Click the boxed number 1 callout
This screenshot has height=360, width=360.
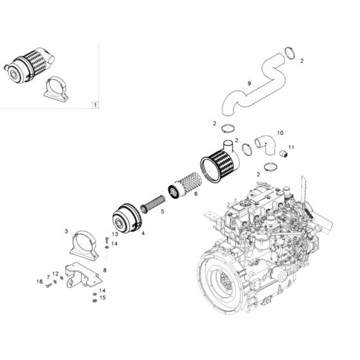pyautogui.click(x=95, y=104)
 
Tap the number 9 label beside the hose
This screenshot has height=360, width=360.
pyautogui.click(x=249, y=83)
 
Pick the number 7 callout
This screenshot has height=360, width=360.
pyautogui.click(x=48, y=276)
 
